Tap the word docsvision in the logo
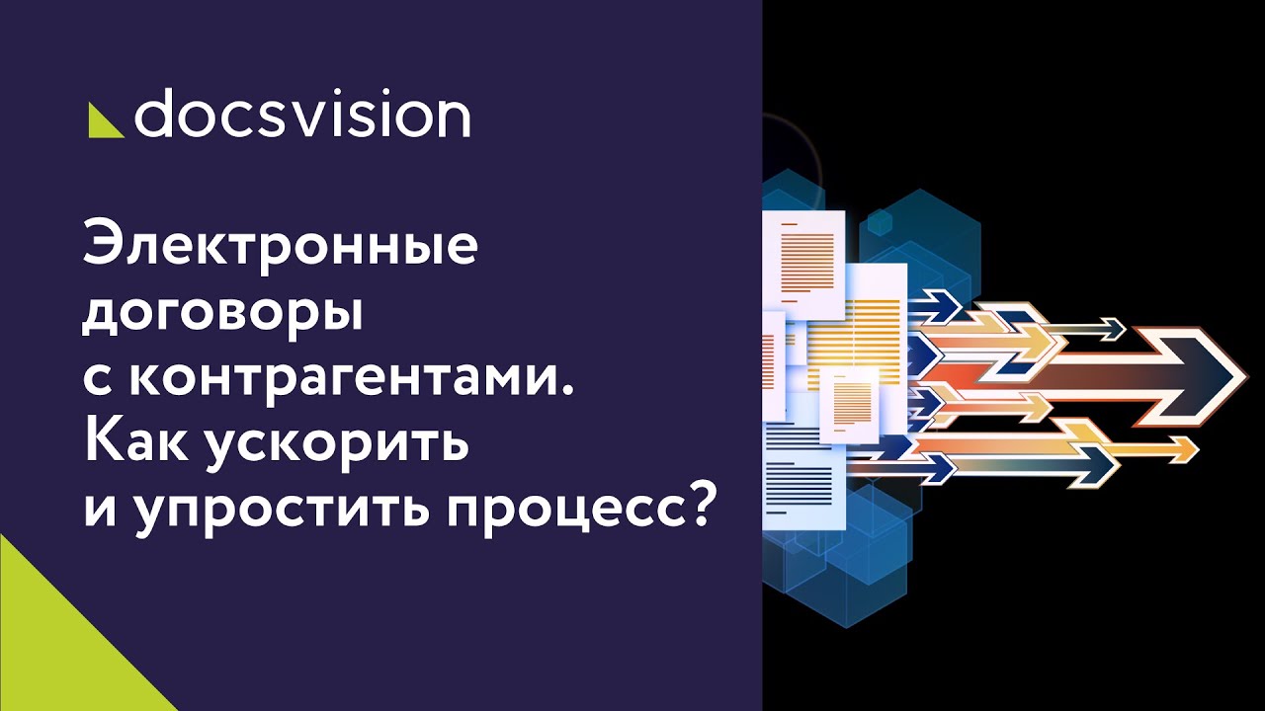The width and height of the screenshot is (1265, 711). tap(301, 116)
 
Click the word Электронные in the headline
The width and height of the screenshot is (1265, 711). tap(280, 247)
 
